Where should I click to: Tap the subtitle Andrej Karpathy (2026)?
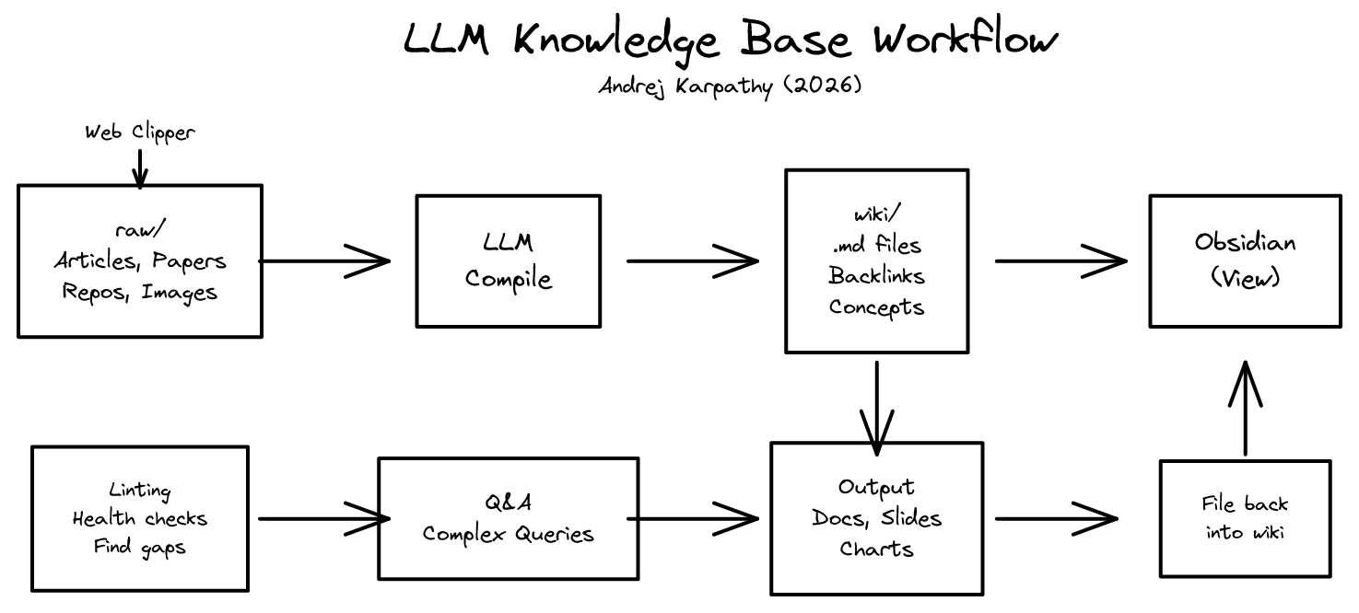coord(730,87)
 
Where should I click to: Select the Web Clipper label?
coord(140,133)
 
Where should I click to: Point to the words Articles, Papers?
coord(140,261)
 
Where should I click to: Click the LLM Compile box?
coord(508,260)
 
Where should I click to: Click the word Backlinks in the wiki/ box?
coord(876,275)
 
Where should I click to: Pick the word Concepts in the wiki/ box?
coord(876,307)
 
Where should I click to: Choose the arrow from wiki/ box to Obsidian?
coord(1060,260)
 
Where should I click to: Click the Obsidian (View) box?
coord(1245,260)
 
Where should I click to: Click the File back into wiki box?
coord(1245,518)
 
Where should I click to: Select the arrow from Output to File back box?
coord(1056,518)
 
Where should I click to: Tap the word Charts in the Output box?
coord(876,549)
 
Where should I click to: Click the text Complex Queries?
coord(508,534)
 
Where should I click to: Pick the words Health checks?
coord(140,519)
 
